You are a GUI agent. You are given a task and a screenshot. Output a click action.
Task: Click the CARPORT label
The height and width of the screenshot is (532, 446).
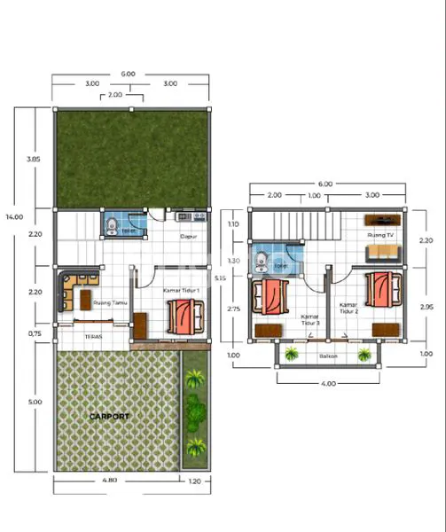click(x=109, y=416)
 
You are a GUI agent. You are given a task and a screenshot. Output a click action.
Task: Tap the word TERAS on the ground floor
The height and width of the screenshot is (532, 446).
click(x=92, y=337)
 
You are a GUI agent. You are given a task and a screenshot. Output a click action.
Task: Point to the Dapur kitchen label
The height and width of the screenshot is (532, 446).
click(x=188, y=237)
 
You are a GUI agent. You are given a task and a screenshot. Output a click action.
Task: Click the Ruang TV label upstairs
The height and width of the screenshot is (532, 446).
click(x=380, y=236)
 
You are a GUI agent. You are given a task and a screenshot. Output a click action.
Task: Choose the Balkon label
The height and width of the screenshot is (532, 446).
click(x=328, y=356)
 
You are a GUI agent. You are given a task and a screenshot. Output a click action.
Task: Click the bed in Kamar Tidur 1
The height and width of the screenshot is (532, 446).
click(x=184, y=314)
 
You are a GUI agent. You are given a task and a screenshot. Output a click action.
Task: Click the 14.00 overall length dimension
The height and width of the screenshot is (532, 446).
click(x=12, y=215)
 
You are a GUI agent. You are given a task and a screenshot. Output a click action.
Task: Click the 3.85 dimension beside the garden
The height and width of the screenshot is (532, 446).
click(x=35, y=159)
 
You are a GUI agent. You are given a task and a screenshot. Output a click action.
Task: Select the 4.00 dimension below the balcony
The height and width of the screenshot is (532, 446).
click(x=327, y=384)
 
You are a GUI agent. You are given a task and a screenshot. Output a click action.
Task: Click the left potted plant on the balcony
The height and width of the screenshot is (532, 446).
click(x=291, y=356)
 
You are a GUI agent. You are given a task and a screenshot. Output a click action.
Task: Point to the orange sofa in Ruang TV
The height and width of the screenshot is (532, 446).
click(x=384, y=254)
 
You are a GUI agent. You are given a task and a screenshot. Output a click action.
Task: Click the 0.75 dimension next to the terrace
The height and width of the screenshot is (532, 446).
click(x=35, y=333)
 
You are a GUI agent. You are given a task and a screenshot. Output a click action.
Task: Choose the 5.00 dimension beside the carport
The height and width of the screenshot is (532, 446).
click(x=35, y=402)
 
